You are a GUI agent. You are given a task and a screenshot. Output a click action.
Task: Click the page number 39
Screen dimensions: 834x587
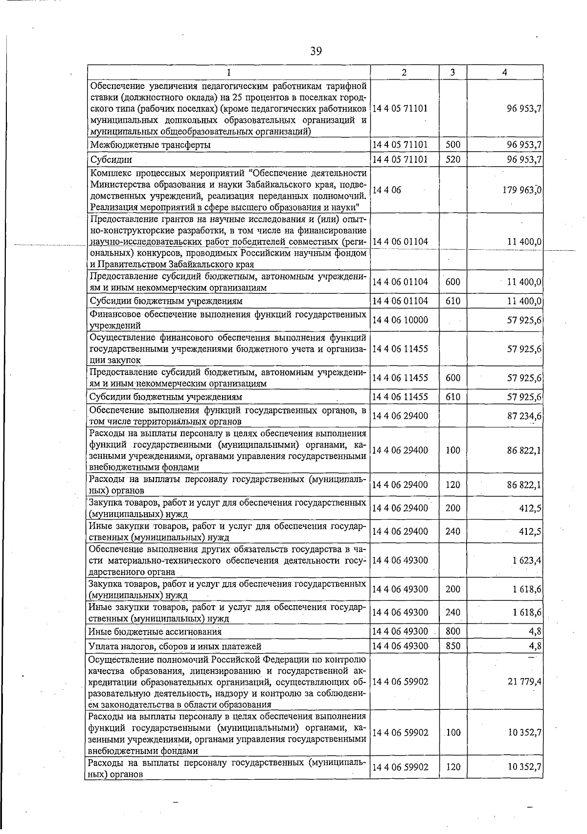coord(316,51)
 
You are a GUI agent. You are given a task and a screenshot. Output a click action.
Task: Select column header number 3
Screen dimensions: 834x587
coord(452,72)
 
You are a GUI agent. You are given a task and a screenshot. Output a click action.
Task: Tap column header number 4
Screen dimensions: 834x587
coord(504,72)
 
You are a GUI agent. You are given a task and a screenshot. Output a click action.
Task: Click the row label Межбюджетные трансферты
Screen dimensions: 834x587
coord(150,145)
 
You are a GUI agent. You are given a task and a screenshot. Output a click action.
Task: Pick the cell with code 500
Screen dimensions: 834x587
coord(452,145)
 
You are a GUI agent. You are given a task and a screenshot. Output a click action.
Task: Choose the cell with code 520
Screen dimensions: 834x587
coord(452,159)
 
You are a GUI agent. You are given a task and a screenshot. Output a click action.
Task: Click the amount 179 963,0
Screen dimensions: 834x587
coord(522,190)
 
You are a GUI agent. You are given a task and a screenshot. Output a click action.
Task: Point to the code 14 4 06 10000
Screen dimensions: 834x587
coord(400,320)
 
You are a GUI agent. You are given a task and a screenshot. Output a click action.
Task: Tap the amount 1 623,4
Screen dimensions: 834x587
coord(526,560)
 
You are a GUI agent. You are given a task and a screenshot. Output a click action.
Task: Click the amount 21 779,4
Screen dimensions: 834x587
coord(524,681)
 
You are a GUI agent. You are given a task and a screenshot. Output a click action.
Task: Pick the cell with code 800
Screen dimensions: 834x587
coord(453,632)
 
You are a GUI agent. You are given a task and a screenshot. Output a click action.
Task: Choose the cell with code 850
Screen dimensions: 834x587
coord(453,646)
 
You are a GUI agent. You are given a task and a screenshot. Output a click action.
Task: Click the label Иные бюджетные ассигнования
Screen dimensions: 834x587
coord(155,632)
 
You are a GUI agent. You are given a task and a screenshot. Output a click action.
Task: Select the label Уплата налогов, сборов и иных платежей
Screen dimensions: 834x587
coord(175,646)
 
